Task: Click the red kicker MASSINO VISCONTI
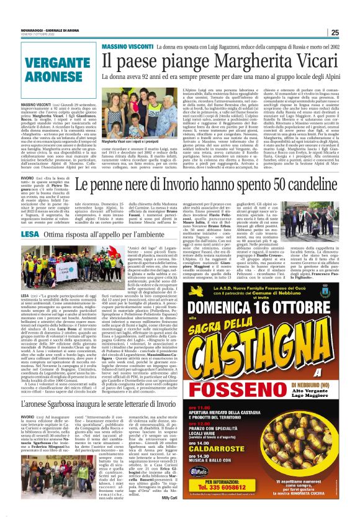tap(125, 47)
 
